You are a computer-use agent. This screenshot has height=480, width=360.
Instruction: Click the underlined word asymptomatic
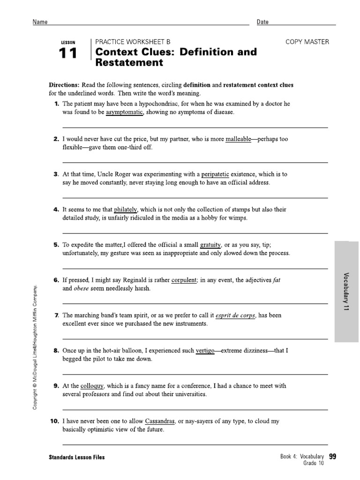(x=124, y=113)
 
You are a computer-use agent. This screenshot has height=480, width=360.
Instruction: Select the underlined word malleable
(x=238, y=139)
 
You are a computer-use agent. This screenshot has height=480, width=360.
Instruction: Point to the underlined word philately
(x=126, y=210)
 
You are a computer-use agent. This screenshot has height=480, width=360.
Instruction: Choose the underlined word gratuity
(x=210, y=245)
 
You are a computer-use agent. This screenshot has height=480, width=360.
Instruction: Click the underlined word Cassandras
(x=160, y=421)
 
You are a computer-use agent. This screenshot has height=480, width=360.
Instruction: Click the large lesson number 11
(x=68, y=53)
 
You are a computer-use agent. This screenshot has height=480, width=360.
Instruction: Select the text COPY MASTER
(x=307, y=42)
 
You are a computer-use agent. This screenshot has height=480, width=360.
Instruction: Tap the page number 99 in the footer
(x=333, y=457)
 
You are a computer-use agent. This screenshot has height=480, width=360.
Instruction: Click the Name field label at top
(x=40, y=22)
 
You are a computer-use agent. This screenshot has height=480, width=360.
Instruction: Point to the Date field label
(x=262, y=22)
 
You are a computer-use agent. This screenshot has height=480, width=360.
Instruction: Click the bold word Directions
(x=64, y=85)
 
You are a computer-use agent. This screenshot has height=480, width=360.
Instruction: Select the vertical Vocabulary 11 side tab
(x=347, y=293)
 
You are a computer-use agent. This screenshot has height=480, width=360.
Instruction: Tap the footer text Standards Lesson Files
(x=76, y=457)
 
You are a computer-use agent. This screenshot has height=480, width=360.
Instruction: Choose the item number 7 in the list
(x=56, y=315)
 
